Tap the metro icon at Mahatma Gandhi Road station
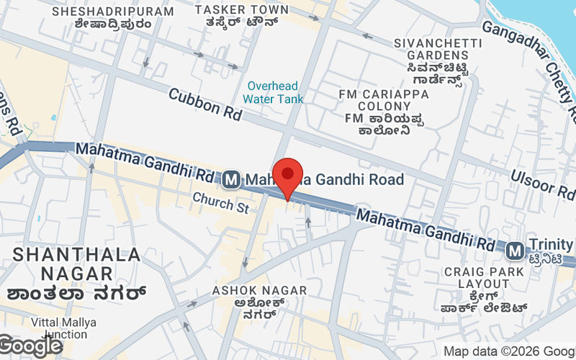[x=231, y=179]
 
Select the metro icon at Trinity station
[x=514, y=251]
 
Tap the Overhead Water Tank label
[x=273, y=92]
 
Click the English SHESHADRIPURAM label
[x=113, y=12]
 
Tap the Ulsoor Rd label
[x=544, y=184]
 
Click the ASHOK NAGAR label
[x=259, y=290]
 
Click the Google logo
[x=31, y=346]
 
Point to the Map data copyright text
[x=508, y=351]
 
